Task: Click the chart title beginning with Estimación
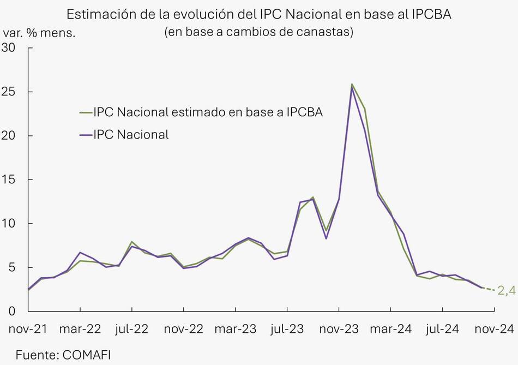tap(259, 13)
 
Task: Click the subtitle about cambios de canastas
tap(259, 32)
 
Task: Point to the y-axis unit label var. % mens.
tap(39, 33)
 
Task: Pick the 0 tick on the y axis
tap(12, 312)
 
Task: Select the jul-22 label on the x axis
tap(132, 329)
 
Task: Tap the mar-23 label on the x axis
tap(235, 329)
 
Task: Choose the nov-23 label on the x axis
tap(339, 329)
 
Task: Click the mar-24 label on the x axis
tap(390, 329)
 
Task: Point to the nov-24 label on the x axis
tap(494, 329)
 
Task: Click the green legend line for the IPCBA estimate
tap(86, 112)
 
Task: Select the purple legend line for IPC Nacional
tap(86, 134)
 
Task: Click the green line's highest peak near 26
tap(352, 84)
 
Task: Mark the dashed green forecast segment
tap(489, 289)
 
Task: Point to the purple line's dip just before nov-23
tap(326, 238)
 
